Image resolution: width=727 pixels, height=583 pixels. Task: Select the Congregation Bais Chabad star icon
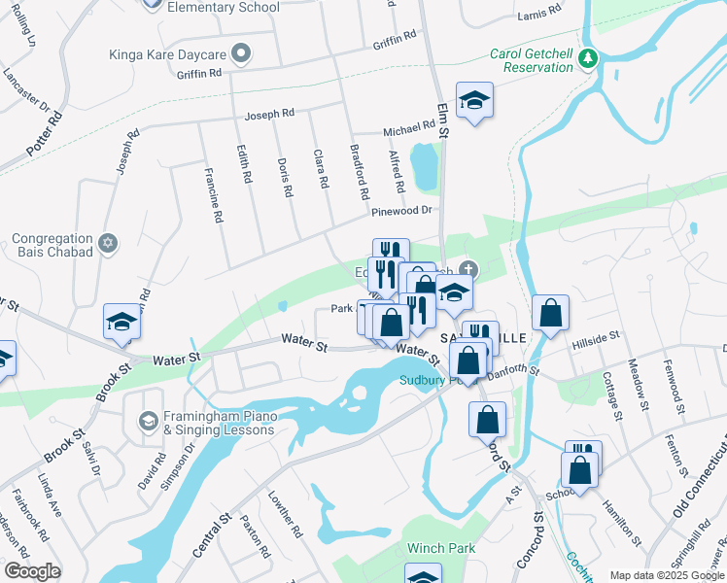[108, 243]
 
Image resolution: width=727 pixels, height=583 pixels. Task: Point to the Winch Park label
[441, 548]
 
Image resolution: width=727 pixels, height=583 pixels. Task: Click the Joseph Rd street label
[269, 115]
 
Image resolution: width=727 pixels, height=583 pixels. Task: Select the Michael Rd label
[408, 127]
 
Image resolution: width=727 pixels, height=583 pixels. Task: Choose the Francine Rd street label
[215, 195]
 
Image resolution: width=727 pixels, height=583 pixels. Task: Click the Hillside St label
[596, 337]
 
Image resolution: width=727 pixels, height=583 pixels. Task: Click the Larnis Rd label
[539, 13]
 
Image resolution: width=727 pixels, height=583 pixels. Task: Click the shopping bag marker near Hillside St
[550, 314]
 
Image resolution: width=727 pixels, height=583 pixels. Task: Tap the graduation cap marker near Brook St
[122, 324]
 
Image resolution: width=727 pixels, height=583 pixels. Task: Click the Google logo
[32, 571]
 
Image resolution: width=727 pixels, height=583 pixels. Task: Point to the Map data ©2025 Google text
[666, 575]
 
